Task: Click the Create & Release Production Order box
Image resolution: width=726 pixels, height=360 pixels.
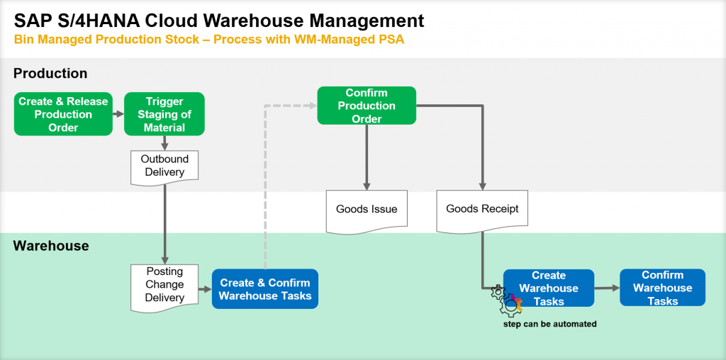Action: [63, 114]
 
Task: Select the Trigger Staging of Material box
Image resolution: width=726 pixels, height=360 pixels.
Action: [164, 114]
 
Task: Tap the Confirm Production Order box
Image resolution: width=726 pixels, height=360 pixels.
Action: [367, 106]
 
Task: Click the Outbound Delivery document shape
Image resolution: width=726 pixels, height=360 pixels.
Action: [164, 167]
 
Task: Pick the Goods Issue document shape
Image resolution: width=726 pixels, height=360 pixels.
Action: [367, 211]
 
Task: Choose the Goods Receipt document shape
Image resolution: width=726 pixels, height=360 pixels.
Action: [482, 211]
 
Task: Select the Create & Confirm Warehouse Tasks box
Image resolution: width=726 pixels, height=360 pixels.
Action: [265, 288]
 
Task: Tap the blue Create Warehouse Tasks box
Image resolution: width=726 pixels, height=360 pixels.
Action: [549, 288]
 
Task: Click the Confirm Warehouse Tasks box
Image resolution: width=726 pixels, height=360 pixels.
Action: [663, 287]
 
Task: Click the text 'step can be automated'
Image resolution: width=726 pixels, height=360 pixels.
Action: [550, 324]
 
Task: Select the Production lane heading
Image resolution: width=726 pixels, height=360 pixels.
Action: [50, 73]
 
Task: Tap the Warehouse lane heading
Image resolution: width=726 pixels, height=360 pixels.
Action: [51, 245]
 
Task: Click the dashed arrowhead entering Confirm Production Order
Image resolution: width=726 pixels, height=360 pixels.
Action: [312, 106]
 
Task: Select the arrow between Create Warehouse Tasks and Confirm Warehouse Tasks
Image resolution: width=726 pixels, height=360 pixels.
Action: [607, 288]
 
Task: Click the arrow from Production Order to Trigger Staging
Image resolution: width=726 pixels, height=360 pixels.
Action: [118, 114]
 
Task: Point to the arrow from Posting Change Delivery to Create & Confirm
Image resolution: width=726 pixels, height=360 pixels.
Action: [205, 288]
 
